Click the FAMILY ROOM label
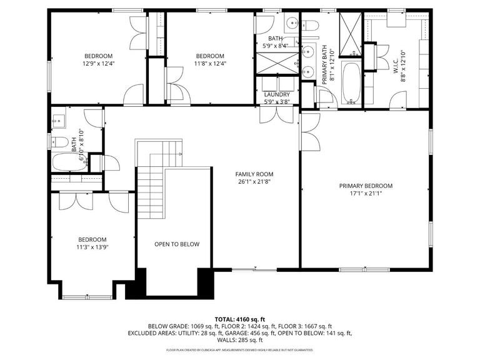coord(254,174)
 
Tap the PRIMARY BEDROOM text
coord(366,186)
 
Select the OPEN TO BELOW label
coord(177,244)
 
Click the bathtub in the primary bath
coord(351,82)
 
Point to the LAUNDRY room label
coord(276,94)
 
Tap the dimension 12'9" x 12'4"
coord(99,63)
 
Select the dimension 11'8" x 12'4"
coord(210,63)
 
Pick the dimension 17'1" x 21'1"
coord(366,194)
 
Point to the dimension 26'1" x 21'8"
coord(254,182)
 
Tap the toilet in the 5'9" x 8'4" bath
coord(311,26)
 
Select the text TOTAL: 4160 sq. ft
coord(240,319)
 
